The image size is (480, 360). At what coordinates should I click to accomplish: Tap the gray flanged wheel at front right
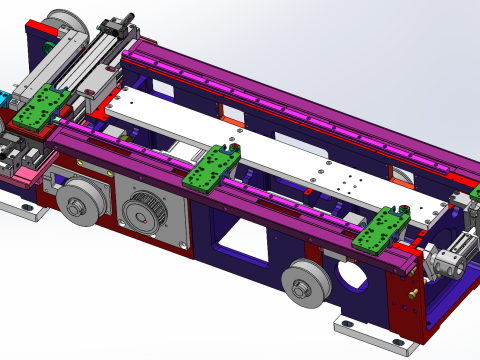(304, 283)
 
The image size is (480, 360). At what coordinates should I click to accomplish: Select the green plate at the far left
(42, 107)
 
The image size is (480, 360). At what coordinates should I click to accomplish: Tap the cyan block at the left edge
(3, 99)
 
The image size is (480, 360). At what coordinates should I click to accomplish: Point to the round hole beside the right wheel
(350, 273)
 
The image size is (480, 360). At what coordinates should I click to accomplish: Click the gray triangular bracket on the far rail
(403, 176)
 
